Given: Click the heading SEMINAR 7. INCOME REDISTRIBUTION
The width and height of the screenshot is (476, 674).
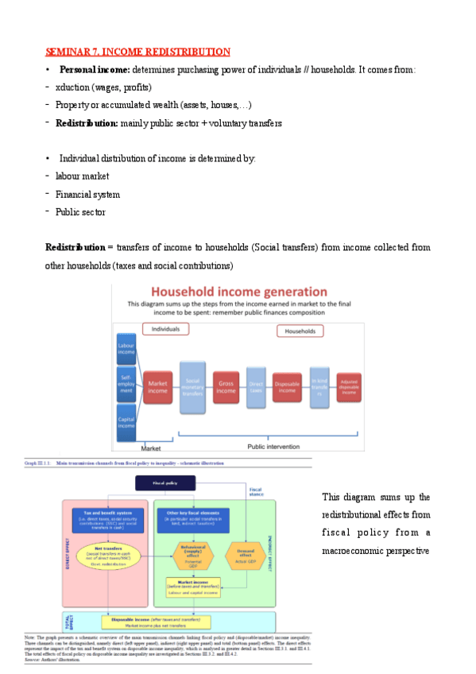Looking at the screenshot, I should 137,52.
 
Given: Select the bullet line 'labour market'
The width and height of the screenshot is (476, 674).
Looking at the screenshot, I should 82,176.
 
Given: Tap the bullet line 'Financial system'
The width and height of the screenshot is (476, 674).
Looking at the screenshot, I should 87,194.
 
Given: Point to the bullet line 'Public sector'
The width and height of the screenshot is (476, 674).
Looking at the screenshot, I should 79,212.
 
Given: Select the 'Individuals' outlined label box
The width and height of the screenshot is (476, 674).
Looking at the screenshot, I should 165,328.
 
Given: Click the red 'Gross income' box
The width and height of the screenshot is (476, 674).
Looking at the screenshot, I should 226,387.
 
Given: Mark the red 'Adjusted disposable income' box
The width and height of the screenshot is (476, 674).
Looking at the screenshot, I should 348,387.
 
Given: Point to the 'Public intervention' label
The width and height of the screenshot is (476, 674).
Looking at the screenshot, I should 269,447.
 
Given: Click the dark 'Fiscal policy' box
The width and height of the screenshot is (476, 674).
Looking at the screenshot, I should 164,482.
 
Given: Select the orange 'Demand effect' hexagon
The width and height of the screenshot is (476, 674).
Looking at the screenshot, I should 245,551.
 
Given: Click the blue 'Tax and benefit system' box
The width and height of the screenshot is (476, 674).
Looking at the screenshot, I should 106,517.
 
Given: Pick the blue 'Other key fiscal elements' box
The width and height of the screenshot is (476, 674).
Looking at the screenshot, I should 193,517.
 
